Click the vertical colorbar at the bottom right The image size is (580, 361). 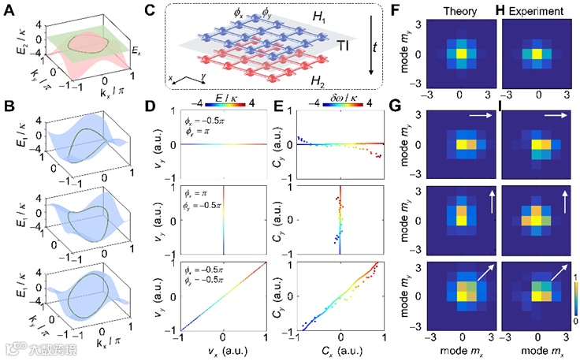(x=571, y=303)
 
